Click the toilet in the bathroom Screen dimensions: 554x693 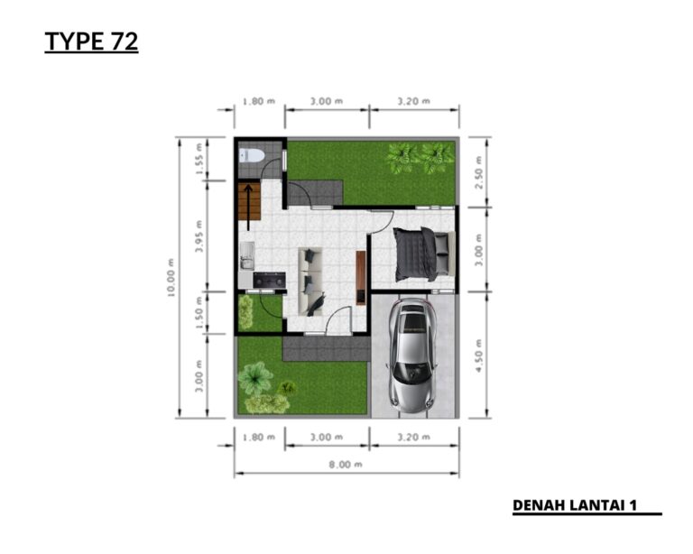point(252,156)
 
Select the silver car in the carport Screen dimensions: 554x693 point(411,357)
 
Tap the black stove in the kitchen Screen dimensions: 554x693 point(269,281)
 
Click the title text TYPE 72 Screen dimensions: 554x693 point(91,42)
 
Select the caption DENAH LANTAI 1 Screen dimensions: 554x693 point(575,505)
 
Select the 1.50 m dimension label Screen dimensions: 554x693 point(199,312)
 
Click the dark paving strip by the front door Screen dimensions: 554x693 point(325,348)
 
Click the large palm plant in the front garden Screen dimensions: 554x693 point(255,375)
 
